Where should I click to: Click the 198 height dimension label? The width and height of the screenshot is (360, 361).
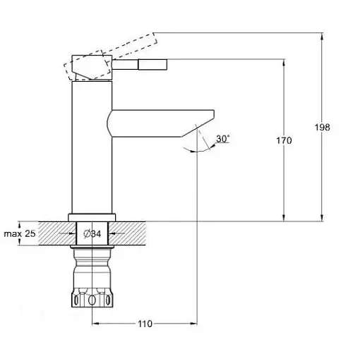click(x=323, y=127)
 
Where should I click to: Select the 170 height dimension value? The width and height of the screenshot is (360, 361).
click(x=284, y=140)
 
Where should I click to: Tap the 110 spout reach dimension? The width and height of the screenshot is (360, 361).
click(x=145, y=324)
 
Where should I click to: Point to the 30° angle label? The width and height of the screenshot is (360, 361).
click(x=222, y=139)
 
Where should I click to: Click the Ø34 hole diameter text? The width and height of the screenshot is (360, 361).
click(x=92, y=233)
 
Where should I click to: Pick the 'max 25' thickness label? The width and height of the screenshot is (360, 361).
click(x=20, y=233)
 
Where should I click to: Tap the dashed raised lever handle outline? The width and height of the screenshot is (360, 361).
click(x=111, y=56)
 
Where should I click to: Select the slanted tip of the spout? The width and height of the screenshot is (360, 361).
click(x=198, y=125)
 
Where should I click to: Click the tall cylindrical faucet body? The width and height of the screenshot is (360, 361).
click(x=92, y=147)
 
